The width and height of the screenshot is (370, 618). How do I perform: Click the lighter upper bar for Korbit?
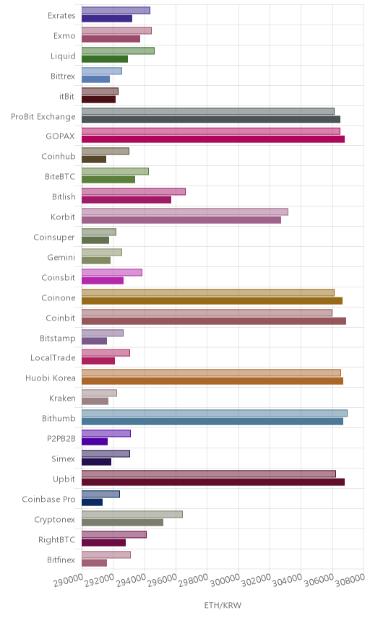point(184,212)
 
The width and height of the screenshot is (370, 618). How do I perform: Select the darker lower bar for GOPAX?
point(213,139)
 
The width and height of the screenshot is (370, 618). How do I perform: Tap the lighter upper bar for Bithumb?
point(215,414)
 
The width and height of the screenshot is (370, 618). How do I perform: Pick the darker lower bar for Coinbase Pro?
point(92,502)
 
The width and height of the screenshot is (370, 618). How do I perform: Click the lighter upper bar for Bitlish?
point(133,191)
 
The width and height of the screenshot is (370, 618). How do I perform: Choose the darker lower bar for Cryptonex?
point(122,522)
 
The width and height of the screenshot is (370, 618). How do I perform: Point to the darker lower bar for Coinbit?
point(214,321)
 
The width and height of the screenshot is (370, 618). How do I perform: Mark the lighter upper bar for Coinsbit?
point(111,272)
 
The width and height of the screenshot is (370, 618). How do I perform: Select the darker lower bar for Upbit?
point(213,482)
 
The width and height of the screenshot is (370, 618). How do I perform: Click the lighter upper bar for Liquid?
point(118,51)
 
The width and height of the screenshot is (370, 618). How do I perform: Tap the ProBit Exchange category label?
point(43,117)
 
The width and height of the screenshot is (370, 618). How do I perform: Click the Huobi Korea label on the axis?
point(50,378)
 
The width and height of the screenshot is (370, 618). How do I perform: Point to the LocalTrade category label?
point(53,358)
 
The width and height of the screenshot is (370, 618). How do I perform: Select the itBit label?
point(66,96)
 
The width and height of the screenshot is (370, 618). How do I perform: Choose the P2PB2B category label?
point(61,439)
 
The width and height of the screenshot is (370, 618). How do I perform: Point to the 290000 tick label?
point(68,580)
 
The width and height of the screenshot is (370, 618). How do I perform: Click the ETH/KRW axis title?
point(223,606)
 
